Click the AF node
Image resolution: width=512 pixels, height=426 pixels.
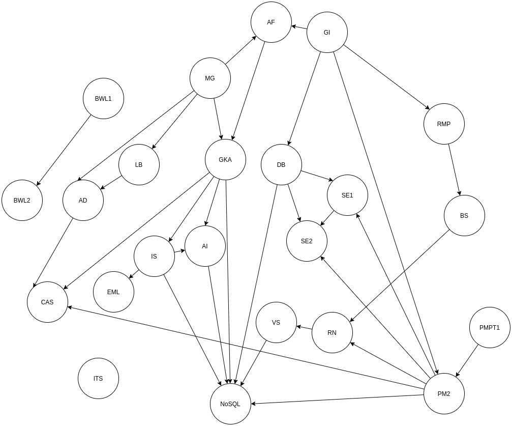tap(271, 22)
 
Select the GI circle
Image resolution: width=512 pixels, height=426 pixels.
tap(327, 33)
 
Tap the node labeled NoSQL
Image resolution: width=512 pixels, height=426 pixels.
tap(230, 404)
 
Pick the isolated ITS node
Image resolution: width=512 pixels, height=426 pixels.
tap(98, 379)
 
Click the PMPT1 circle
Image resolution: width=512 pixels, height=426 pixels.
tap(490, 328)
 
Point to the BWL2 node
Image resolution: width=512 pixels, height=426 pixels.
tap(22, 201)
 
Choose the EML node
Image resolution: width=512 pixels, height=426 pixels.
tap(113, 292)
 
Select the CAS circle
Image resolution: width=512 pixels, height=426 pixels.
tap(47, 302)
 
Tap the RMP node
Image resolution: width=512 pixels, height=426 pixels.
tap(444, 124)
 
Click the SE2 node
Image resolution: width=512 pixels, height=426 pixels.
tap(307, 241)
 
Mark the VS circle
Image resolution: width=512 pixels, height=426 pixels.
tap(276, 323)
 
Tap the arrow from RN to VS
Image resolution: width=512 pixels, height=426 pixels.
tap(304, 328)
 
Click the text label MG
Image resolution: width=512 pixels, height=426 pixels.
tap(210, 78)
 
